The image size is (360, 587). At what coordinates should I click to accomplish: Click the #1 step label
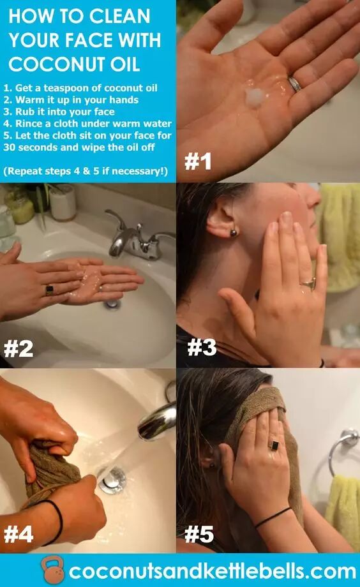[197, 161]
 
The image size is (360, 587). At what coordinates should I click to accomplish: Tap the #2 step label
[19, 348]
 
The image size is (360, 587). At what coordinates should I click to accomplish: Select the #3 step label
[202, 347]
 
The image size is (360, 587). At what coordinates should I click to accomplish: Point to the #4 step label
[19, 534]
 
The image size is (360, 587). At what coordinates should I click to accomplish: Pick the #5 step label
[199, 534]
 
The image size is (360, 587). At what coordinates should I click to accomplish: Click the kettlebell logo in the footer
[52, 570]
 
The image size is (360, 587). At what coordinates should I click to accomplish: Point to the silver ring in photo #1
[295, 84]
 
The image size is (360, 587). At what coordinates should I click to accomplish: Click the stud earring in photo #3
[233, 233]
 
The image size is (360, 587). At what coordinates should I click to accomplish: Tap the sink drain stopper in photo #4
[112, 480]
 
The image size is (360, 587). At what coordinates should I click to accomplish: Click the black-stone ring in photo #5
[274, 445]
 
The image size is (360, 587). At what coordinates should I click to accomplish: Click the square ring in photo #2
[49, 290]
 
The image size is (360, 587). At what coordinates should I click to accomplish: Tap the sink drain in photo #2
[112, 304]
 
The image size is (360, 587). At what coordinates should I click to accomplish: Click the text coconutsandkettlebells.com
[212, 571]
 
